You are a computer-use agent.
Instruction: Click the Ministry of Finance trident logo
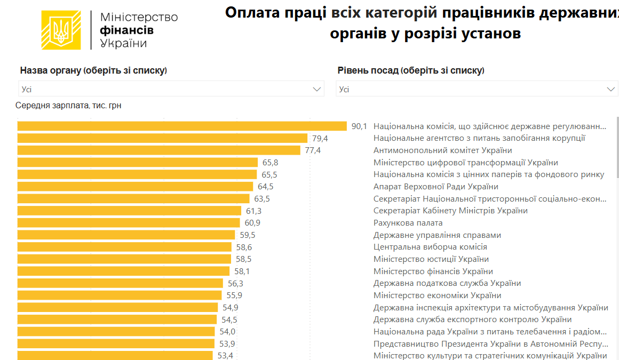(61, 30)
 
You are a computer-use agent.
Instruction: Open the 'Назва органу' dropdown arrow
(317, 89)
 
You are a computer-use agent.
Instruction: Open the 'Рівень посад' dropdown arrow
(611, 89)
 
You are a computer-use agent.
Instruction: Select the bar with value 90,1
(182, 126)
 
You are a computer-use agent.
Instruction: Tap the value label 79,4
(320, 139)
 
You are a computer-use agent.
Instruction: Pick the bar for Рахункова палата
(129, 223)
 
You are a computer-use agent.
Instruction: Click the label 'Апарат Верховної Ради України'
(435, 187)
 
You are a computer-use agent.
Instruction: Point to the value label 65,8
(270, 163)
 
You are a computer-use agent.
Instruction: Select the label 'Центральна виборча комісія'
(430, 247)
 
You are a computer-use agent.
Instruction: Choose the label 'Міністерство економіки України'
(437, 295)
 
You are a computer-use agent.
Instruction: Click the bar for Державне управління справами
(126, 235)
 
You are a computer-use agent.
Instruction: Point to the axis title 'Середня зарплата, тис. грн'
(68, 106)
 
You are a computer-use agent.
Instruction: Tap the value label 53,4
(225, 356)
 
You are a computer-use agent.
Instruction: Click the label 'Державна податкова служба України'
(447, 283)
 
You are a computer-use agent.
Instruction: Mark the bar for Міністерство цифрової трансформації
(137, 163)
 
